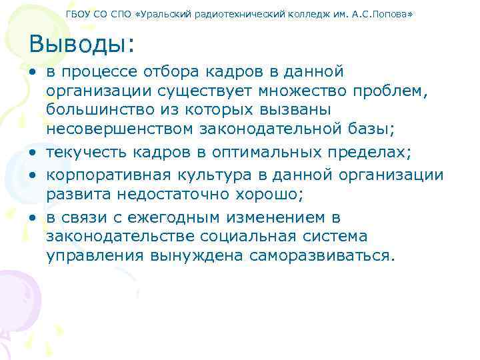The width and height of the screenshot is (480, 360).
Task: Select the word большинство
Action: (x=99, y=109)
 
